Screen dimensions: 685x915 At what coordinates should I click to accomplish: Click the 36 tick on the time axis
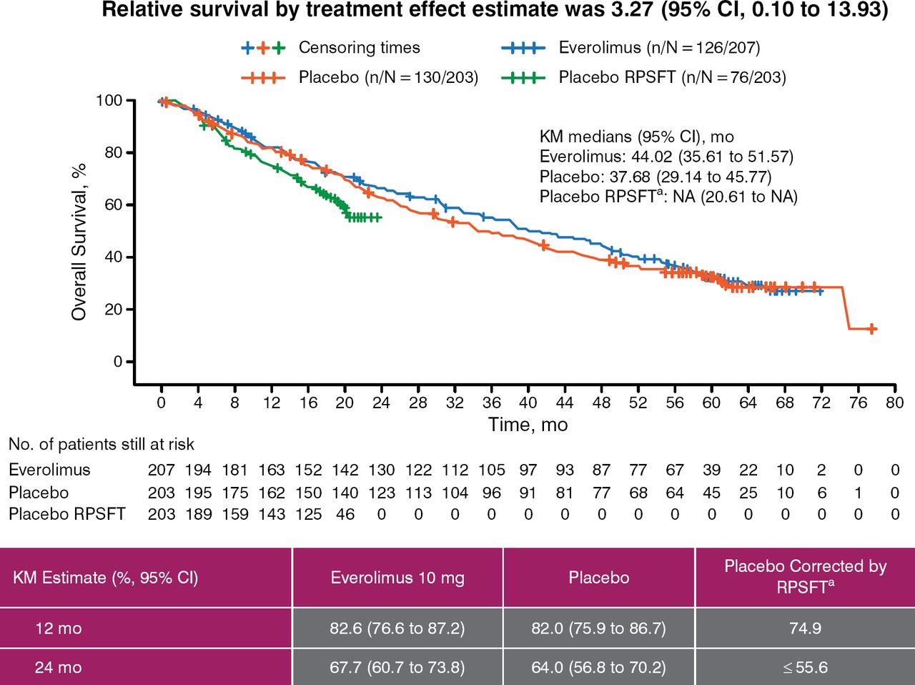click(x=491, y=403)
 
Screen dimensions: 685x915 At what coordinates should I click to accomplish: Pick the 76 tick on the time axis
click(x=858, y=403)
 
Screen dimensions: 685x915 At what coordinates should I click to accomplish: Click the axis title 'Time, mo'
click(x=528, y=425)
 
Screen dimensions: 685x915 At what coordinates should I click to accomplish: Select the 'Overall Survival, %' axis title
click(x=79, y=241)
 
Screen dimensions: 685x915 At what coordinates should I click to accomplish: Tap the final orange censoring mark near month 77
click(x=871, y=329)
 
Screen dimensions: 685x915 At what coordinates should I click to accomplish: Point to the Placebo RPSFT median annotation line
click(x=668, y=197)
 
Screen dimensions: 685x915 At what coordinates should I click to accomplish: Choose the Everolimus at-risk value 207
click(x=162, y=470)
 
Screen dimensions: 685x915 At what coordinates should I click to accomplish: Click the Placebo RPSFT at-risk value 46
click(x=345, y=514)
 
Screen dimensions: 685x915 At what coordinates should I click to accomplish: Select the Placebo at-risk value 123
click(x=382, y=493)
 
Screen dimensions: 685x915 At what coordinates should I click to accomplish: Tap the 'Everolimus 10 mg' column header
click(x=397, y=578)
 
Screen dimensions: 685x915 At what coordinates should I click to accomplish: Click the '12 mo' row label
click(x=59, y=629)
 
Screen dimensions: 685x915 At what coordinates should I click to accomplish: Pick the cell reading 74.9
click(x=805, y=629)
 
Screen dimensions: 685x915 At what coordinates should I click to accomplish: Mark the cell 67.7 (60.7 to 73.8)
click(x=397, y=667)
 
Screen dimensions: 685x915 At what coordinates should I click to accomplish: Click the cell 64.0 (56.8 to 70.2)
click(x=599, y=667)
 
